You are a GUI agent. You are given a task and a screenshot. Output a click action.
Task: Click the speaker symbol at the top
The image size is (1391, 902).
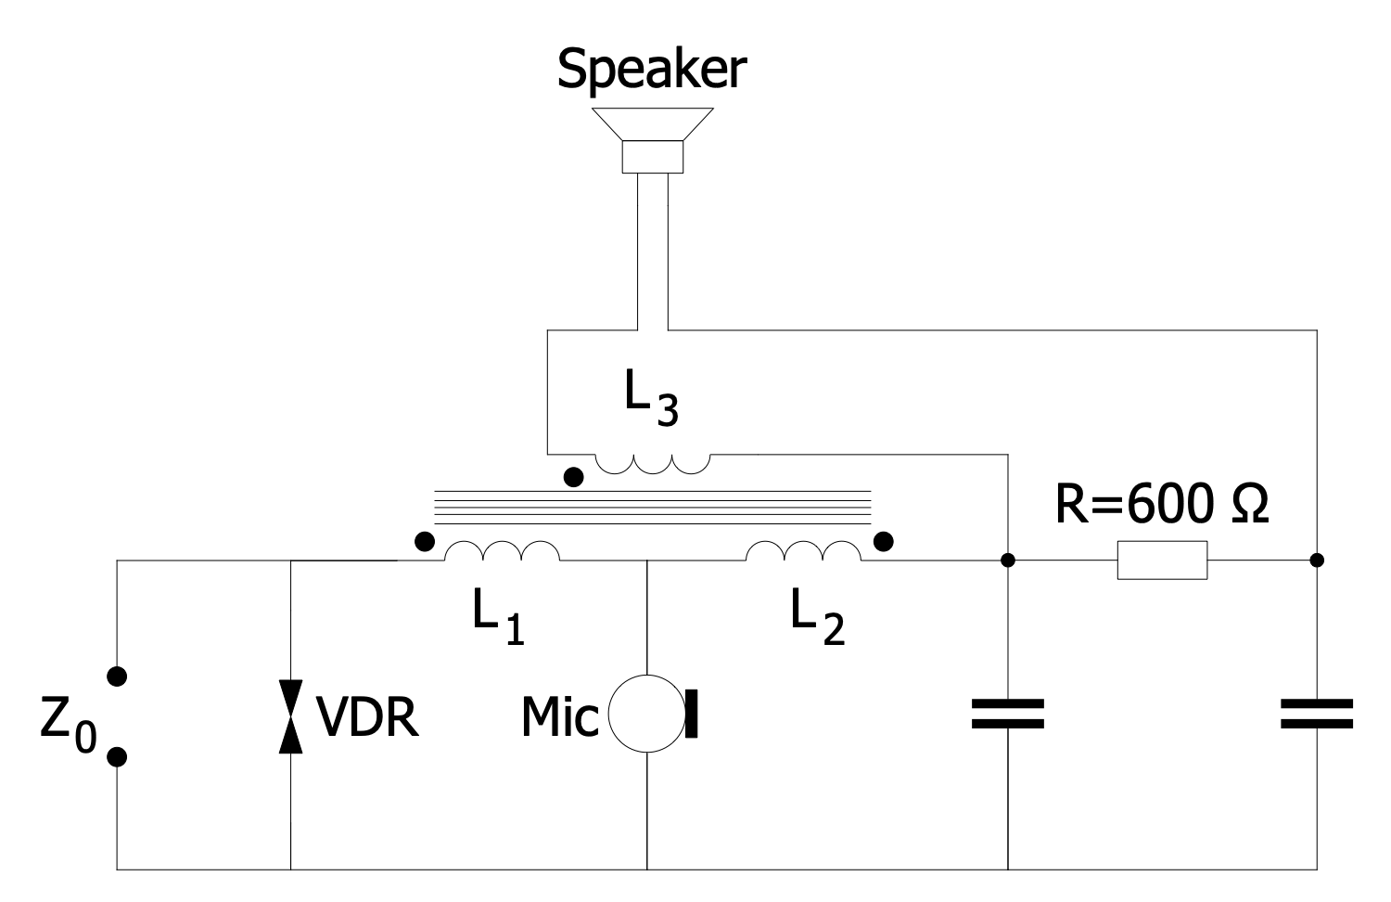653,139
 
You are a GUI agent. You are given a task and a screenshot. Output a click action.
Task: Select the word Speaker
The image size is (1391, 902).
651,69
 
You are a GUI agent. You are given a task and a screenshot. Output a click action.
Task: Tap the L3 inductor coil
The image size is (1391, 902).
653,462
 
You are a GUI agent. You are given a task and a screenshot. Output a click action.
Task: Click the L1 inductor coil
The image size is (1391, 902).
502,551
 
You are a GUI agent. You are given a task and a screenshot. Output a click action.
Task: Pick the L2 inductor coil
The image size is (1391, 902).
803,551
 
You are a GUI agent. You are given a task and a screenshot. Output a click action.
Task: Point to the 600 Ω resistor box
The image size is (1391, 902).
1162,561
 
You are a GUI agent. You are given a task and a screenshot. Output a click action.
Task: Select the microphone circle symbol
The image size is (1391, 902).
646,715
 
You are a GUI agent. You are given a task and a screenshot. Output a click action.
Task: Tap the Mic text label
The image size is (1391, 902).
559,716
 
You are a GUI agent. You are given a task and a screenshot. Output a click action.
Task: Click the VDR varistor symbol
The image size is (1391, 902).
291,715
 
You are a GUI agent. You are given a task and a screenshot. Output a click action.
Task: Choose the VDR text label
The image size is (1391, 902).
368,716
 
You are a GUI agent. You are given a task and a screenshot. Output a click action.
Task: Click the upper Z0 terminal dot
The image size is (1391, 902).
117,676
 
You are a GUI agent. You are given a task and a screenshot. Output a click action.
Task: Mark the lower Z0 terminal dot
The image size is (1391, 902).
117,757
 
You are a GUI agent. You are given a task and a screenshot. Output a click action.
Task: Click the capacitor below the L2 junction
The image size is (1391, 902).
1008,715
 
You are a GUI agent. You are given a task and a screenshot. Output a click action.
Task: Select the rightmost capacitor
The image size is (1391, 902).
1317,715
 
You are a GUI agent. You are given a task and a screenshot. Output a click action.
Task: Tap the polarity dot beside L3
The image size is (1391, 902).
574,478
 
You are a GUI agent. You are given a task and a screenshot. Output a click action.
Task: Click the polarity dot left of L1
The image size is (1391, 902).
424,541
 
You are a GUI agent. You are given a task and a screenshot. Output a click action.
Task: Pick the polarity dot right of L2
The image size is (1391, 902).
884,540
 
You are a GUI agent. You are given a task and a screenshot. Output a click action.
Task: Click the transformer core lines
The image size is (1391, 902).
653,506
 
